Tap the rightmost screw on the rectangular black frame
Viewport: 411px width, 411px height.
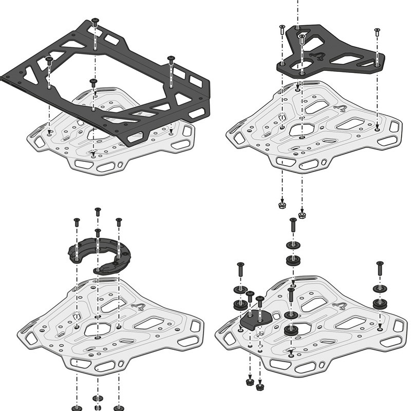[x=171, y=61]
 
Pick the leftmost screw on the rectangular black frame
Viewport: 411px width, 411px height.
[x=49, y=61]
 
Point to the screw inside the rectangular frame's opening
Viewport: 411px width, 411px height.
[x=93, y=83]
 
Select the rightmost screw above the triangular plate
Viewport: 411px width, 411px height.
[x=377, y=32]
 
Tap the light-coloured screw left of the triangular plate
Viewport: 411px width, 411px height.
[x=282, y=30]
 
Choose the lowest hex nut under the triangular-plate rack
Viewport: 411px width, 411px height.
[x=302, y=214]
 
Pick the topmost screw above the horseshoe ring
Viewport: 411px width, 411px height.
[x=98, y=211]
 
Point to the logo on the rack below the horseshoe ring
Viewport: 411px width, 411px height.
[x=138, y=308]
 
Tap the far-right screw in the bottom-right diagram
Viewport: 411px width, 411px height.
[x=380, y=267]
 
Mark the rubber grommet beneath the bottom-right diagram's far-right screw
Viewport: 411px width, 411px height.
[x=380, y=302]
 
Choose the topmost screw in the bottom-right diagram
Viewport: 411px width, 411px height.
[x=293, y=223]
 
